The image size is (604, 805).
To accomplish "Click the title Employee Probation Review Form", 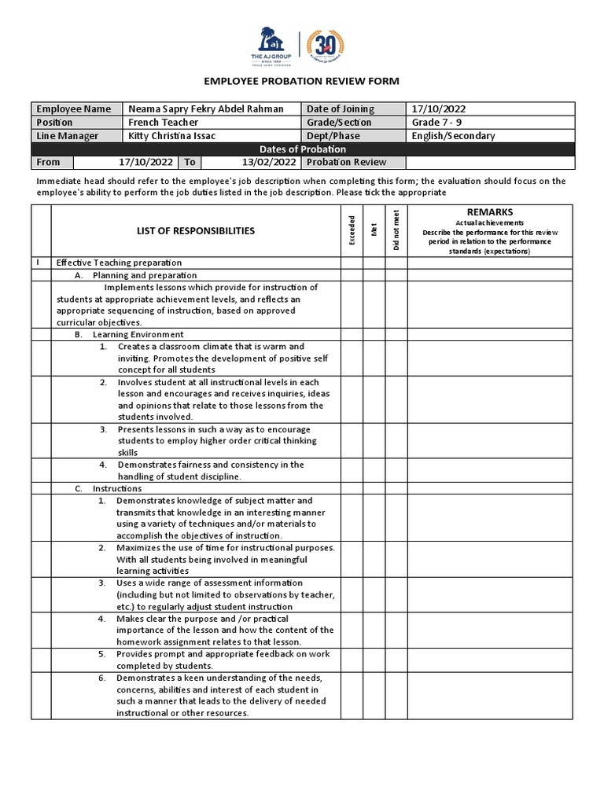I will click(x=301, y=81).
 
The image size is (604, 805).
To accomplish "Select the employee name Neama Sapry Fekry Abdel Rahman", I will click(x=205, y=109).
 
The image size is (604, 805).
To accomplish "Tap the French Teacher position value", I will click(x=164, y=123).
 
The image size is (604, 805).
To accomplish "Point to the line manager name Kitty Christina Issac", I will click(x=171, y=136).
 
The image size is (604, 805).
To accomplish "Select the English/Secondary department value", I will click(x=454, y=136).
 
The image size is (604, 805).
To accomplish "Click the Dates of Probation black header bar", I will click(x=303, y=149).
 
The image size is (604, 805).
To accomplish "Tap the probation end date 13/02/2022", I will click(x=269, y=163).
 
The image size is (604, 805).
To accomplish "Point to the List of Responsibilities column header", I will click(x=196, y=231).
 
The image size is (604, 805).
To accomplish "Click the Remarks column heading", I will click(x=490, y=212).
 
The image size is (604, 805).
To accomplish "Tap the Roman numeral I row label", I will click(x=37, y=263).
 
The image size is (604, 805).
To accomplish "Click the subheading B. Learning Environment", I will click(x=129, y=334).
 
